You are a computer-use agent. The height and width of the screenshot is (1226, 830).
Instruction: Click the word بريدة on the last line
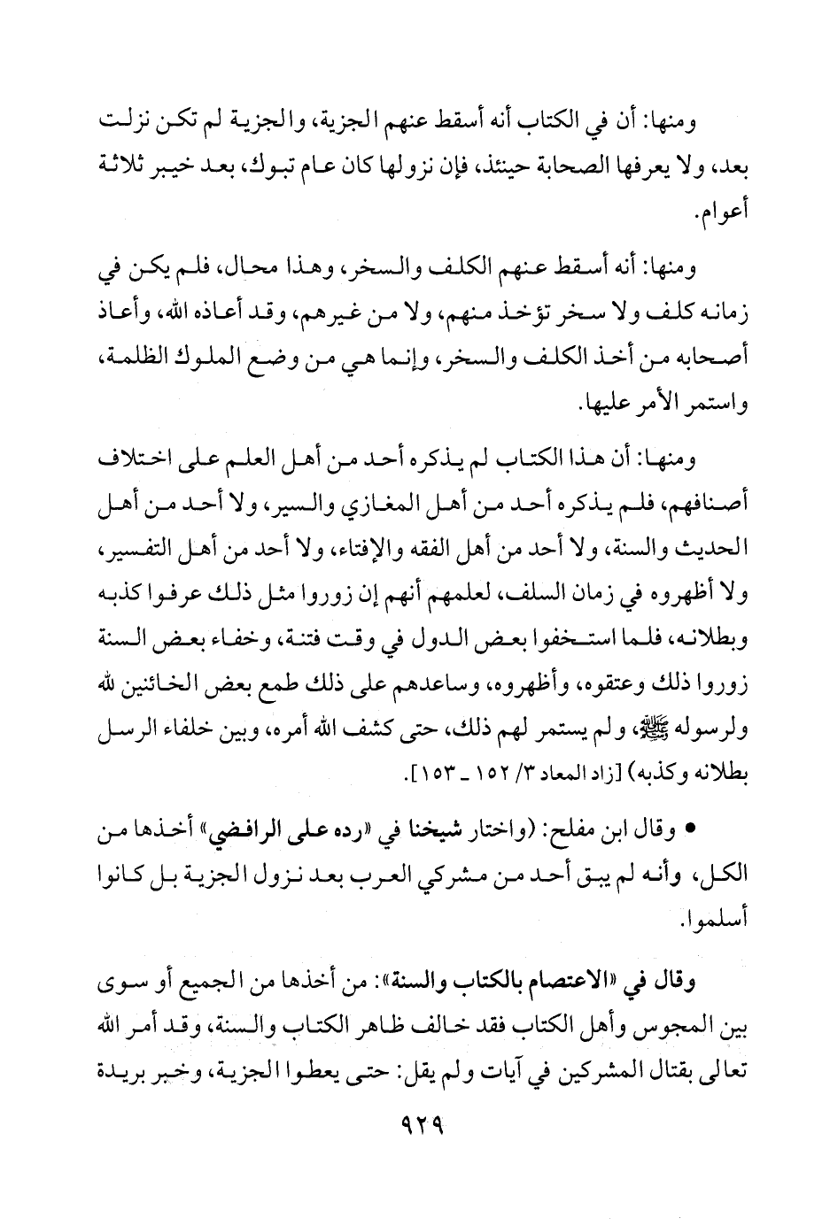[115, 1075]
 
